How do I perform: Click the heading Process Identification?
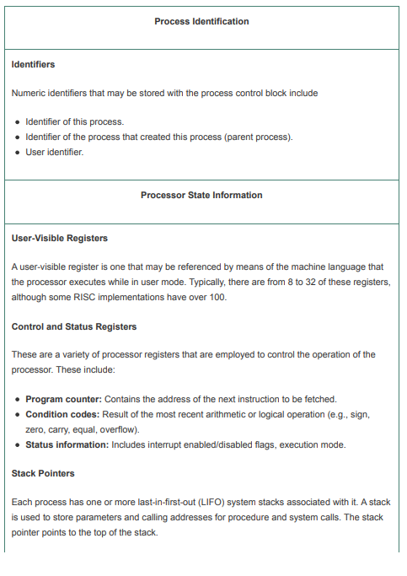[201, 21]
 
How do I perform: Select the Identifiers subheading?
[33, 64]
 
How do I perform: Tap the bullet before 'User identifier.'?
[18, 152]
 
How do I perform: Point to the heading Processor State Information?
[201, 195]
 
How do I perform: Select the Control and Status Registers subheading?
[74, 326]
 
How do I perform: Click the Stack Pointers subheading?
[43, 474]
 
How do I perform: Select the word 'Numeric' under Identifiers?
[29, 93]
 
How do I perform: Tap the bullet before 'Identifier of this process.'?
[18, 121]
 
